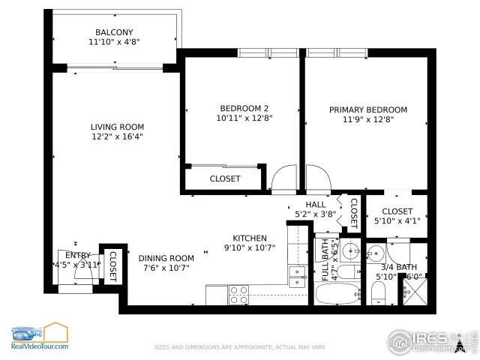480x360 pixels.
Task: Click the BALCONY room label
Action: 114,32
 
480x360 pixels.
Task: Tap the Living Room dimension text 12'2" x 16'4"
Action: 118,136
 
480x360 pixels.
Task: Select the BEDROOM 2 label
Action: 244,108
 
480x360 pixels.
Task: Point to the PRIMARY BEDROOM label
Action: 368,109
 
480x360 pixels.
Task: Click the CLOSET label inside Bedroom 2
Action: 225,178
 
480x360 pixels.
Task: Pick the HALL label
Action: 316,204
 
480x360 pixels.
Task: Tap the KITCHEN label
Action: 250,238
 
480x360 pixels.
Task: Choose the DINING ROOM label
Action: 166,258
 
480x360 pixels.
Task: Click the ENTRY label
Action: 77,255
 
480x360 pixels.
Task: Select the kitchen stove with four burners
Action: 238,295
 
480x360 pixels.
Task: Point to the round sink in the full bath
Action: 349,249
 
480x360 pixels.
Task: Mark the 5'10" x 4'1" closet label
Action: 397,211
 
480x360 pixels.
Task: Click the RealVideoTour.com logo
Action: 39,337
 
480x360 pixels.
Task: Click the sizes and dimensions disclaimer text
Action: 240,347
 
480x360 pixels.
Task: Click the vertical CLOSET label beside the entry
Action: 113,264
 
